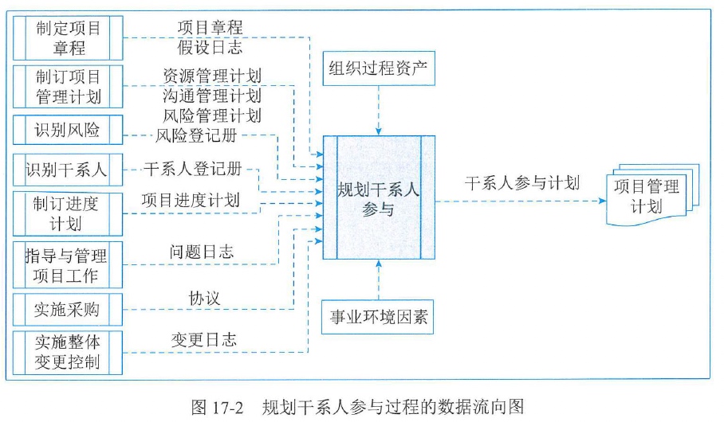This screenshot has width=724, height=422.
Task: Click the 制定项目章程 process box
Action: (x=69, y=37)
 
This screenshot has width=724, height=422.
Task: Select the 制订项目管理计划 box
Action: (x=69, y=87)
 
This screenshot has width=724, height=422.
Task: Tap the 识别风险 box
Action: (x=69, y=130)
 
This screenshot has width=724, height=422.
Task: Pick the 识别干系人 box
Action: (x=69, y=170)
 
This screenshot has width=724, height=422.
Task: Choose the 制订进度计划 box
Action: (x=69, y=213)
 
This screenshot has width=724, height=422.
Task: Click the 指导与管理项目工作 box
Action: (x=69, y=266)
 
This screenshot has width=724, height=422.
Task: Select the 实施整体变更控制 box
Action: (x=69, y=351)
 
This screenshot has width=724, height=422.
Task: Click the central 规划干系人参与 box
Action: (x=380, y=197)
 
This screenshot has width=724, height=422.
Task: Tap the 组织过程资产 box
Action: (x=380, y=71)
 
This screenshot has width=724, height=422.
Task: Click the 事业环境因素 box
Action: (x=380, y=318)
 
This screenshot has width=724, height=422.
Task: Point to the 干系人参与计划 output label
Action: (x=522, y=182)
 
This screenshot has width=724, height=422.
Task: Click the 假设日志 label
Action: (x=211, y=47)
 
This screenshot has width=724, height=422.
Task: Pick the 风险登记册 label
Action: (x=196, y=135)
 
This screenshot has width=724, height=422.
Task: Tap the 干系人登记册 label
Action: (x=192, y=170)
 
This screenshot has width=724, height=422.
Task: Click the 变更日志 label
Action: (x=204, y=340)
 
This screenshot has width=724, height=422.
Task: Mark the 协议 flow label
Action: (x=204, y=298)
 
